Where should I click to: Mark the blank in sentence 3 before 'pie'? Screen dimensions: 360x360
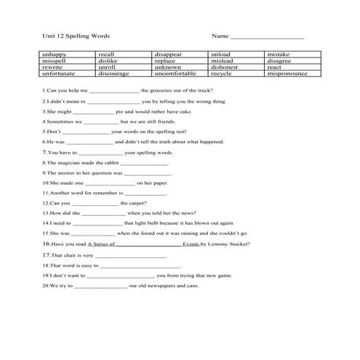pyautogui.click(x=94, y=113)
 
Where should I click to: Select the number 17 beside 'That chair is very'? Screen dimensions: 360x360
pyautogui.click(x=45, y=255)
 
